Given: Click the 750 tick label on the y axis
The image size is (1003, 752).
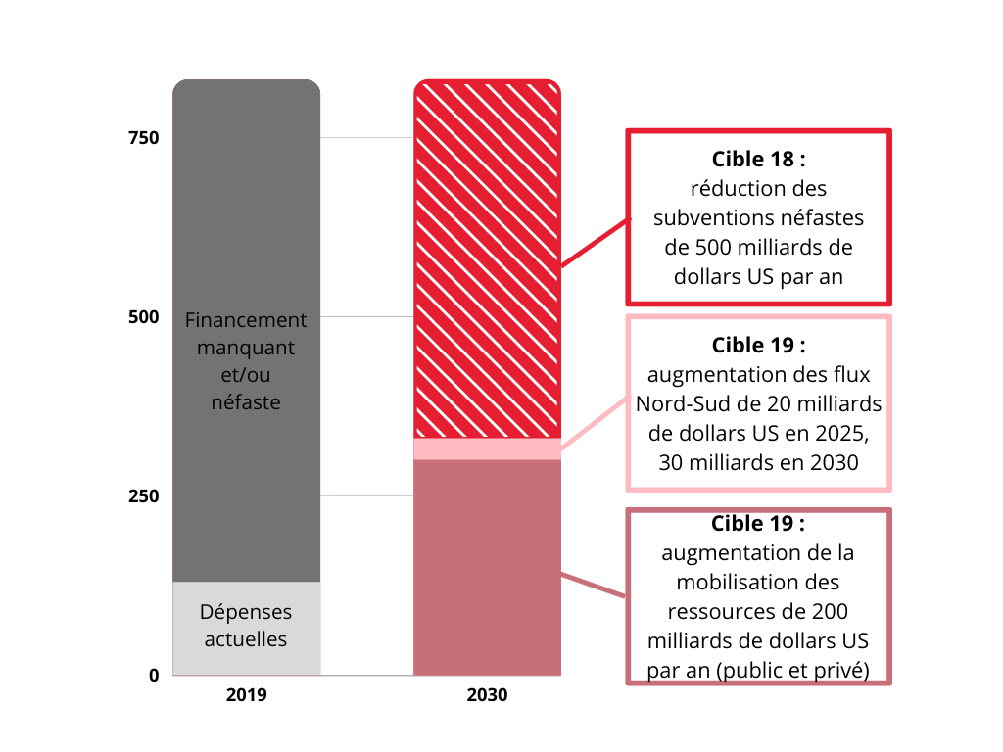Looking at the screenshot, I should tap(143, 138).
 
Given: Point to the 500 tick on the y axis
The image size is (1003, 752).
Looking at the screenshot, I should tap(143, 317).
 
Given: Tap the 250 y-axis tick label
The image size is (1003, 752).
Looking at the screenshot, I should tap(143, 496).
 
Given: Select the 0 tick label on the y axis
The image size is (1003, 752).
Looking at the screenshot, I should tap(154, 675).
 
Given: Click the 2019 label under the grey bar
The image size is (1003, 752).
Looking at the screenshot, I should tap(246, 696).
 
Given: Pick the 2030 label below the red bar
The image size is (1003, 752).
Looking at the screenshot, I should tap(487, 696).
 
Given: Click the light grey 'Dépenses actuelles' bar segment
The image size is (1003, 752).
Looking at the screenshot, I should tap(246, 627).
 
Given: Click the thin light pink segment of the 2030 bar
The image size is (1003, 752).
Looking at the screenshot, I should tap(487, 448).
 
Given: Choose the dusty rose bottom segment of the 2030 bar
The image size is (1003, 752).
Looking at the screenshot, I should tap(487, 568).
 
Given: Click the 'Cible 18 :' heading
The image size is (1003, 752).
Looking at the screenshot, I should tap(758, 159).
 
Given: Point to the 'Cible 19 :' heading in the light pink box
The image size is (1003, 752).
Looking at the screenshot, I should tap(758, 345).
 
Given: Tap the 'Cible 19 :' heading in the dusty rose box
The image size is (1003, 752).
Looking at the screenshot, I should tap(758, 523).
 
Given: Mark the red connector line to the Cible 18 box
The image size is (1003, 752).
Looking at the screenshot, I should tap(594, 243).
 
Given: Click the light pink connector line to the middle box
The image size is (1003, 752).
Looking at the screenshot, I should tap(594, 424).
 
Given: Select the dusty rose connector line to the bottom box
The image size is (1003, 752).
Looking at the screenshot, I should tap(594, 585).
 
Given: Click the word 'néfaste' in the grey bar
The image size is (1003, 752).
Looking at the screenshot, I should tap(246, 401).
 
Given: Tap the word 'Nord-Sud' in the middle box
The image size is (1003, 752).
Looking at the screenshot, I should tap(680, 404).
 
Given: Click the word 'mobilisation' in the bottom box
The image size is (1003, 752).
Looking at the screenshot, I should tap(758, 582).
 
